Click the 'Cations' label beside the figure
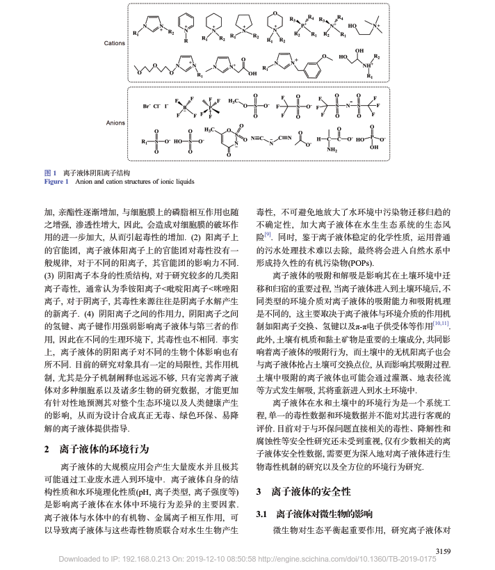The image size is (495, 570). click(x=115, y=43)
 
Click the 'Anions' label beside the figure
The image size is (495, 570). click(x=115, y=123)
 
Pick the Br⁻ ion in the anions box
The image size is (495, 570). click(x=146, y=106)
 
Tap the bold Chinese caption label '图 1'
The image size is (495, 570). click(x=50, y=172)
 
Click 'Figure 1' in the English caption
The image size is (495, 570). click(x=57, y=181)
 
